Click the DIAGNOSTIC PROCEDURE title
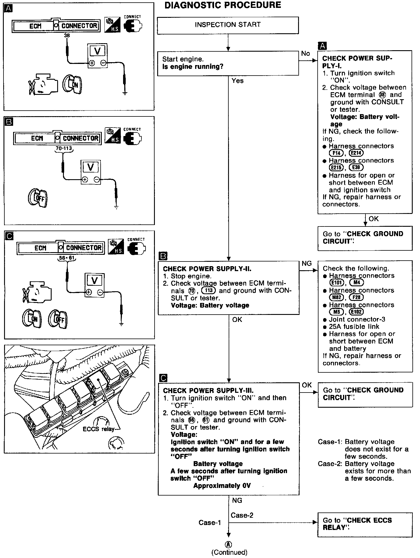223,5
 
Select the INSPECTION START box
228,25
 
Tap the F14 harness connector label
336,153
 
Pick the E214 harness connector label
356,153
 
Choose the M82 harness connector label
336,297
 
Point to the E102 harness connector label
356,312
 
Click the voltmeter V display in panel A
97,51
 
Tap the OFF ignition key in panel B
38,198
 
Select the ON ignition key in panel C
32,319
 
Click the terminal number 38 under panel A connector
67,36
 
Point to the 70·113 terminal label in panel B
64,149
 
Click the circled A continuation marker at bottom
229,545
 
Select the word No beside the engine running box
305,54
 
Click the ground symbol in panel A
125,93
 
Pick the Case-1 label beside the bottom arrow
210,523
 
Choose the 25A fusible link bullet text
354,327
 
